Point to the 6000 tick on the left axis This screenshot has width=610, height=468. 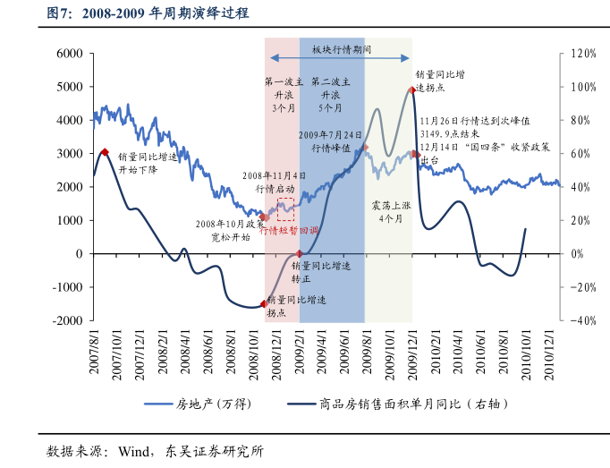coord(70,54)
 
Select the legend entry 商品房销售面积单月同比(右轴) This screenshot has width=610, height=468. coord(407,404)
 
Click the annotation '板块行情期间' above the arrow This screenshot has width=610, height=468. coord(341,50)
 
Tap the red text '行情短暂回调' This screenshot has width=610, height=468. coord(288,230)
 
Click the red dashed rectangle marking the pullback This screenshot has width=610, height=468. coord(285,210)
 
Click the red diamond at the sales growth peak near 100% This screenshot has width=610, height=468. coord(411,90)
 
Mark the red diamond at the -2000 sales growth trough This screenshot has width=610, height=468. coord(263,304)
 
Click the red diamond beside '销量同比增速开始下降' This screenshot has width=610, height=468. coord(105,153)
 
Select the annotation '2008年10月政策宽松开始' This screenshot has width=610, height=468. coord(229,230)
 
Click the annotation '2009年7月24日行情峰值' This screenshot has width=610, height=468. coord(330,141)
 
